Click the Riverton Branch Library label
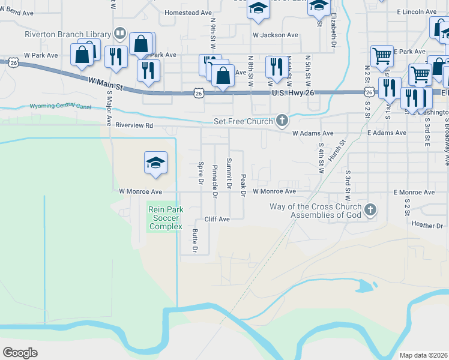point(67,34)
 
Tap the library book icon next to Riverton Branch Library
point(119,34)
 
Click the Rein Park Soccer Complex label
point(166,218)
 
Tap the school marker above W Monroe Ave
point(155,163)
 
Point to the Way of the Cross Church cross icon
point(370,210)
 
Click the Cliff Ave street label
point(217,220)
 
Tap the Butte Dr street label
point(194,240)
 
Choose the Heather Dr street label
point(427,226)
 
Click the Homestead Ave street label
point(188,13)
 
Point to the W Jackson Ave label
point(275,35)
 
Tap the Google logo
point(20,352)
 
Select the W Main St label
point(105,83)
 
